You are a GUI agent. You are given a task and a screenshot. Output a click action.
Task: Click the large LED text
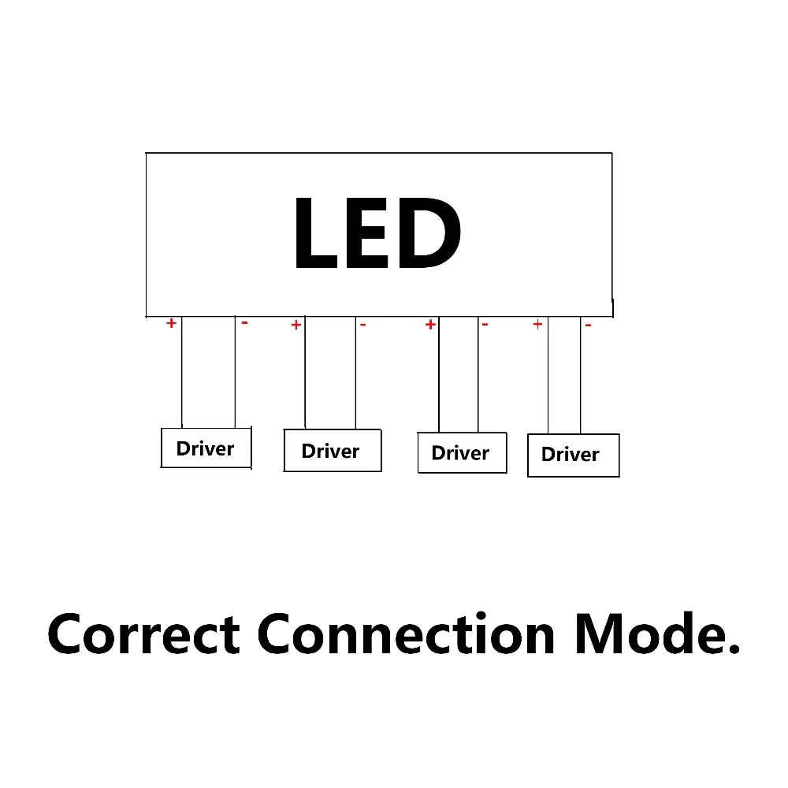pyautogui.click(x=377, y=234)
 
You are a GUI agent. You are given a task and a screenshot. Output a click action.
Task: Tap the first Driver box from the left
pyautogui.click(x=206, y=448)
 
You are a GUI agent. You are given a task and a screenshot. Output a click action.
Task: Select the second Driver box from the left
pyautogui.click(x=332, y=451)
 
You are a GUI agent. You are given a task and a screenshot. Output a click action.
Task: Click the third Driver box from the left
pyautogui.click(x=462, y=453)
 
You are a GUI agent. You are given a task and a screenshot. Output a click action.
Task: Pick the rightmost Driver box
pyautogui.click(x=573, y=455)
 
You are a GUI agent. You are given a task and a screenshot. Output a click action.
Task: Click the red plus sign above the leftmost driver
pyautogui.click(x=170, y=323)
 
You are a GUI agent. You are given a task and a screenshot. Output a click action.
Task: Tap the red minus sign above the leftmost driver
pyautogui.click(x=244, y=322)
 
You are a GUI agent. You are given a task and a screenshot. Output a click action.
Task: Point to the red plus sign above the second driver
pyautogui.click(x=296, y=325)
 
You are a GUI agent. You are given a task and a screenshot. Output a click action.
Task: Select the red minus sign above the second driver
pyautogui.click(x=362, y=324)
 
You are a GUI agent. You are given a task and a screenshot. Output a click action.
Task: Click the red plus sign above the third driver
pyautogui.click(x=430, y=324)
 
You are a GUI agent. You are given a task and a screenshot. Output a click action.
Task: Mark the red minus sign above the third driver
pyautogui.click(x=485, y=324)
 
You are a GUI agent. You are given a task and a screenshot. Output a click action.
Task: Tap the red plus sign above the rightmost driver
pyautogui.click(x=537, y=323)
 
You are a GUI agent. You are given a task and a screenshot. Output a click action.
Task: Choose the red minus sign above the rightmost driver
pyautogui.click(x=588, y=325)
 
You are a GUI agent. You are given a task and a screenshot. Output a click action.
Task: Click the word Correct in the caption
pyautogui.click(x=143, y=634)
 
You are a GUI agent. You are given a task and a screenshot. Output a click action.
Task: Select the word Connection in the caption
pyautogui.click(x=407, y=634)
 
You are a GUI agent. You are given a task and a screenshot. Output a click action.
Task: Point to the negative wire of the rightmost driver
pyautogui.click(x=581, y=375)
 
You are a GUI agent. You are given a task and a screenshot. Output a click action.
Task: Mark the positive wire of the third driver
pyautogui.click(x=439, y=374)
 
